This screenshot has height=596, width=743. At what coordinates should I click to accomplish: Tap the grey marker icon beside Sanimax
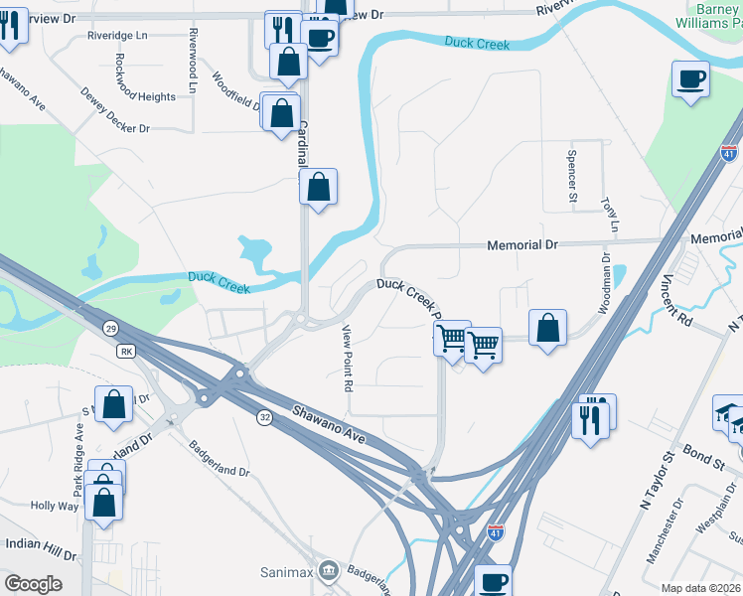[x=329, y=571]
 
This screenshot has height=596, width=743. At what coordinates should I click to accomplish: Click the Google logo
[x=33, y=583]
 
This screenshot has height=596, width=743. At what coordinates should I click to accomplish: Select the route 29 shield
[x=108, y=327]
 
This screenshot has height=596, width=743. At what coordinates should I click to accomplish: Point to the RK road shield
[x=126, y=352]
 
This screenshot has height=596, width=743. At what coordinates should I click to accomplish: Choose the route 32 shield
[x=263, y=416]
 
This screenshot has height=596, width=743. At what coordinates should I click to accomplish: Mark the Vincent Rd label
[x=679, y=300]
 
